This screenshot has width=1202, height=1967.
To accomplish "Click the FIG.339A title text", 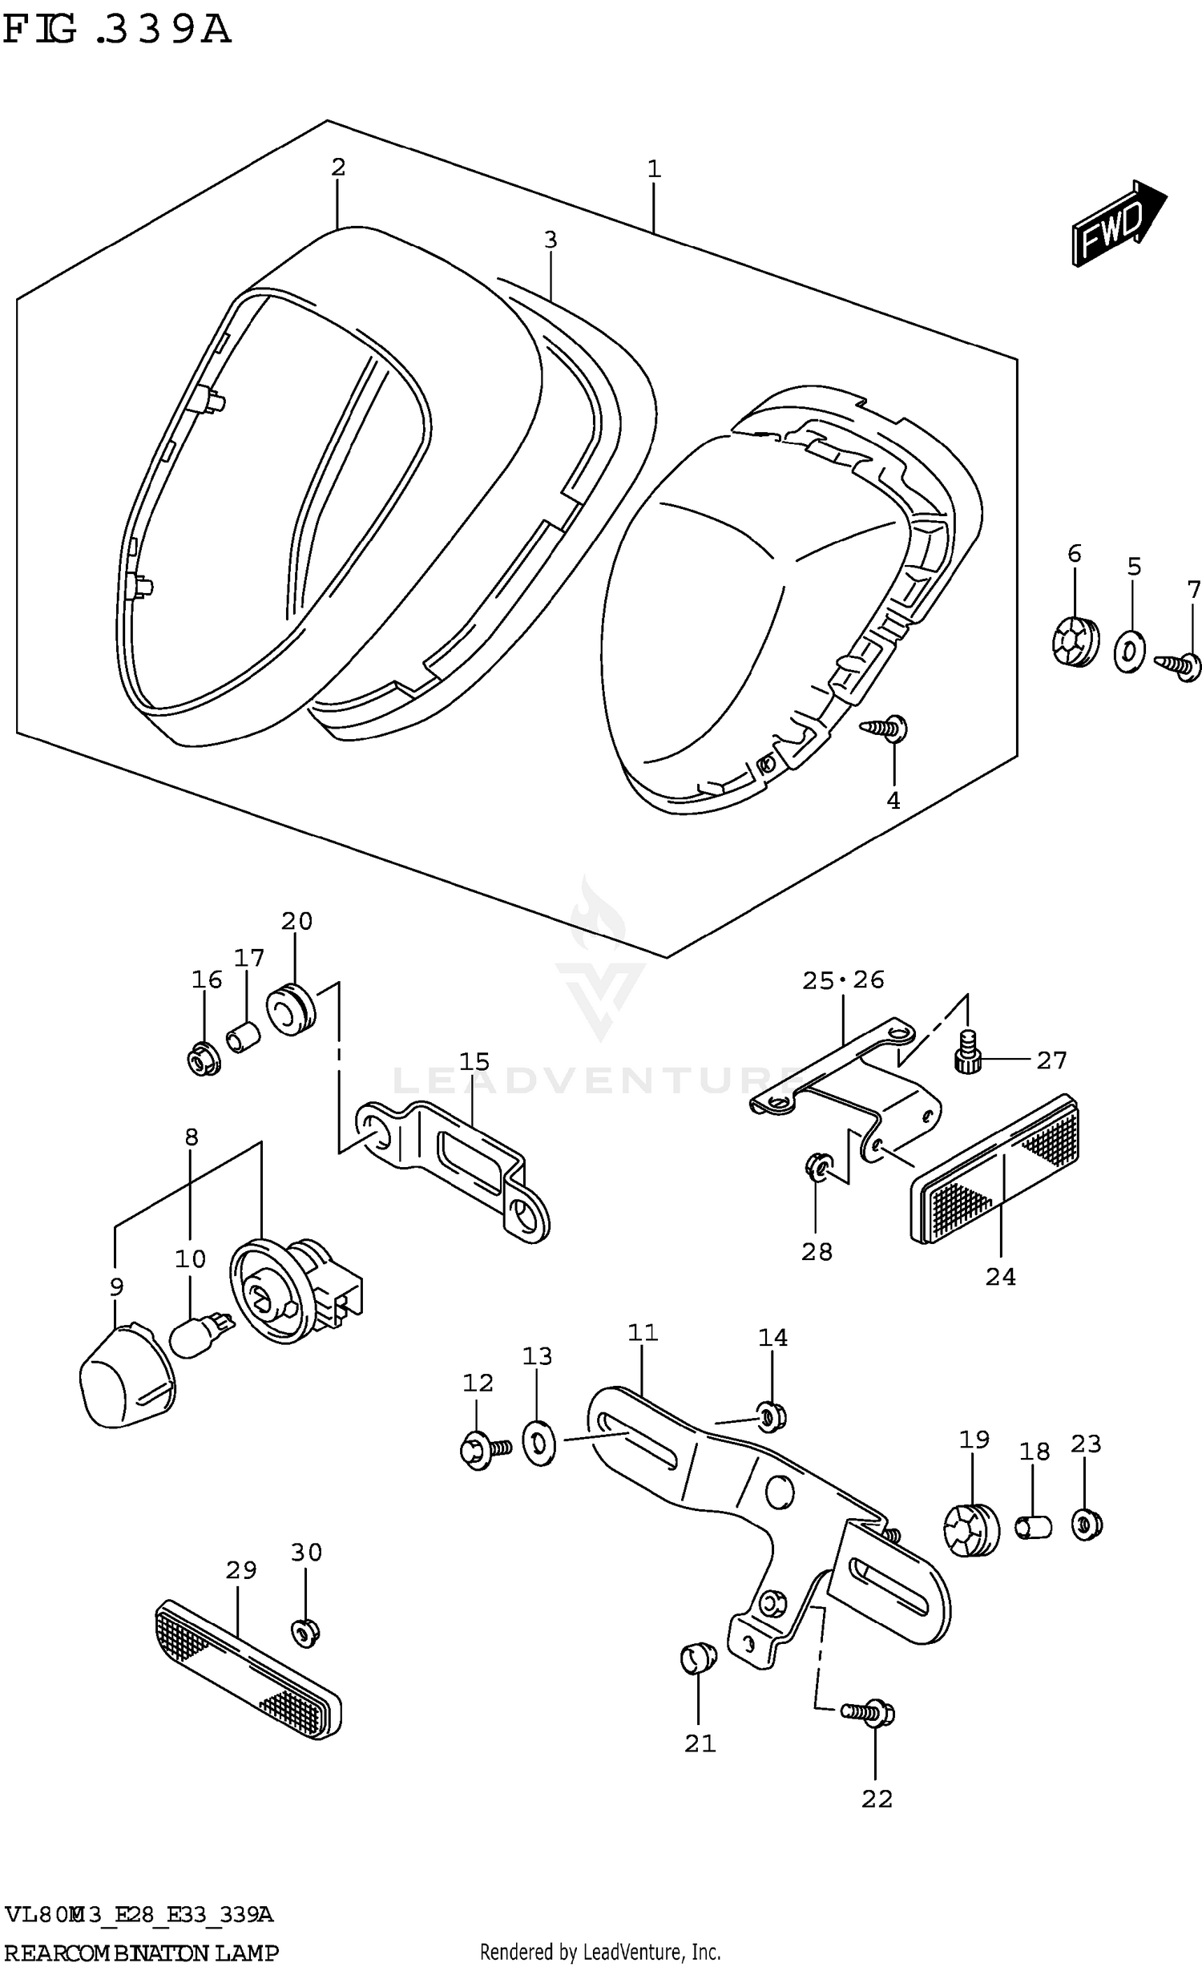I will coord(117,30).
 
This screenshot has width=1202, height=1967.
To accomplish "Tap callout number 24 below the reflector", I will coord(1000,1276).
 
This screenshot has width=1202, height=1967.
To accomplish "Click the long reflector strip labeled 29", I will coord(247,1670).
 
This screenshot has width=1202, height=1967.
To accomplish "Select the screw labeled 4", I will coord(884,728).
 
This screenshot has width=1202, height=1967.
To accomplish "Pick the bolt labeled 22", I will coord(869,1714).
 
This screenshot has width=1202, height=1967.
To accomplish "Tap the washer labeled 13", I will coord(538,1443).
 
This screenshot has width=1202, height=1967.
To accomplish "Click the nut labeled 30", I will coord(305,1631).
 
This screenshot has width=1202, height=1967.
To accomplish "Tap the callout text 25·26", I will coord(843,979).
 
